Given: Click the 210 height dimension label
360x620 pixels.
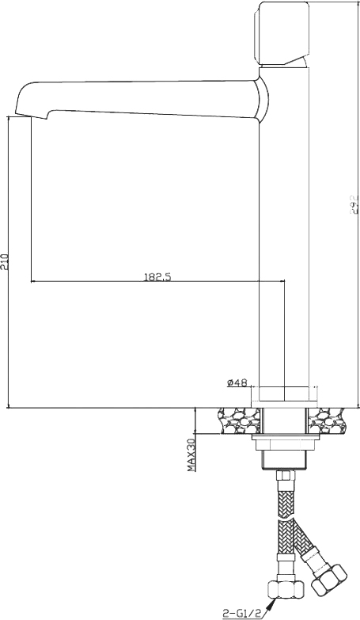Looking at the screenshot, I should pyautogui.click(x=6, y=262).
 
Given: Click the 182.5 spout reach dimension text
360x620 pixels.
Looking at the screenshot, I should pyautogui.click(x=158, y=276).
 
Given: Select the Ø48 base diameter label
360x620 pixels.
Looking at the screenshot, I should pyautogui.click(x=237, y=382).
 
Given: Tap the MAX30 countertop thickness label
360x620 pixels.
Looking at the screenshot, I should pyautogui.click(x=191, y=455).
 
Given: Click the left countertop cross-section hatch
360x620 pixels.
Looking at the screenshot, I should pyautogui.click(x=237, y=420).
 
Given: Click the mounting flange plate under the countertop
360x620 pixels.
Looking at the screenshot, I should pyautogui.click(x=282, y=437).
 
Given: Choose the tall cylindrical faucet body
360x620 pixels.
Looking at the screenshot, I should pyautogui.click(x=284, y=238).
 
